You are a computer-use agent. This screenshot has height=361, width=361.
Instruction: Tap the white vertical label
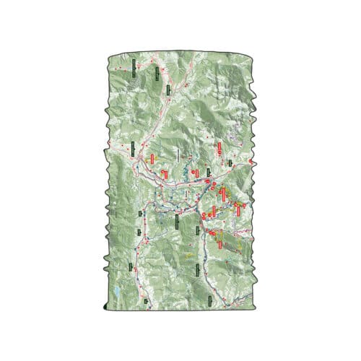coord(177,155)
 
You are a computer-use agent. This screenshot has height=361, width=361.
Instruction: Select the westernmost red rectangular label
coord(152,157)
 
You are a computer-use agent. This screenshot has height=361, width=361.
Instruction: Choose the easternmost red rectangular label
coord(240,209)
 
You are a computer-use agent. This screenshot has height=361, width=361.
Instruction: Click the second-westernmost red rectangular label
coord(165,174)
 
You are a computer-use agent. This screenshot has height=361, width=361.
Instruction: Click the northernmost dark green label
coord(134,67)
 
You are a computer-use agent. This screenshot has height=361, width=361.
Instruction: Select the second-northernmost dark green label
coord(167,90)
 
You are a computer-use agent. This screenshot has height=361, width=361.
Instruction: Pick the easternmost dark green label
coord(230,162)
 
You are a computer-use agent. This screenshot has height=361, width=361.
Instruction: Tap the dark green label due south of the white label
coord(177,220)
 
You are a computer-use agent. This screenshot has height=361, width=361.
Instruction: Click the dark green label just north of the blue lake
coord(131,266)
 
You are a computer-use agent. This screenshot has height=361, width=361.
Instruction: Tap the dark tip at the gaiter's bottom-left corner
coord(109,308)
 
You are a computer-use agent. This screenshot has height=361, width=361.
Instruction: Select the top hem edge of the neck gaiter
coord(180,53)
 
